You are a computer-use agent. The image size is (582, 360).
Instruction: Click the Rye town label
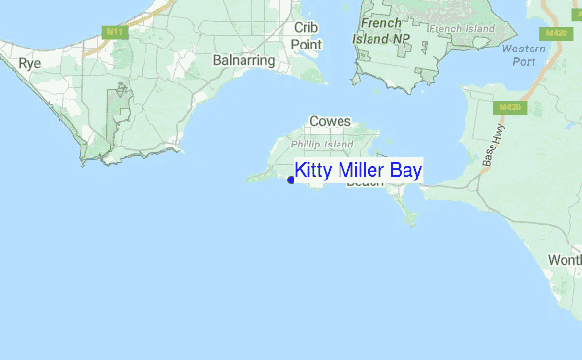pos(29,63)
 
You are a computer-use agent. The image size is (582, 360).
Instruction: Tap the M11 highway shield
pos(114,32)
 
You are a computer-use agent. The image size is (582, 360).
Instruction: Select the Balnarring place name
pos(243,60)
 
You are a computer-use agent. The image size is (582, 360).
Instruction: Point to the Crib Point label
pos(307,36)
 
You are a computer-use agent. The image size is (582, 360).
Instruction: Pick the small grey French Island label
pos(462,29)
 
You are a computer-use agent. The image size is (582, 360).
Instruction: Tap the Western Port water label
pos(525,56)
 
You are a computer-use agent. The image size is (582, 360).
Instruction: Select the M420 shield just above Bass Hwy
pos(511,106)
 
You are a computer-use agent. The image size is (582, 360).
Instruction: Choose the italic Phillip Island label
pos(323,145)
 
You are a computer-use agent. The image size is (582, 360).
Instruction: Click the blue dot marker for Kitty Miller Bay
pos(291,180)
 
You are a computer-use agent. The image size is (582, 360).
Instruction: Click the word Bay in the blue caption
pos(406,172)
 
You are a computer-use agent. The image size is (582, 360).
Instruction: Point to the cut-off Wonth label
pos(565,261)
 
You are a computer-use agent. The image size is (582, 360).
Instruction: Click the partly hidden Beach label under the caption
pos(366,183)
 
